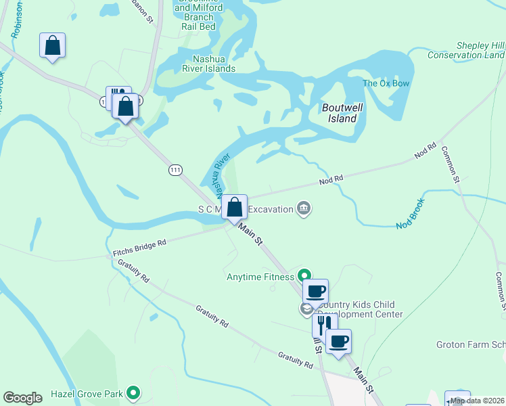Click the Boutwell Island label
[339, 113]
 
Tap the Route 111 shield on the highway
[175, 171]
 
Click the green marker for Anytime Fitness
[304, 275]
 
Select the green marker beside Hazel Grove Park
[133, 392]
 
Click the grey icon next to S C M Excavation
[304, 208]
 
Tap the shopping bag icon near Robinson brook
[53, 46]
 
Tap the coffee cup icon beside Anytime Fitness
[315, 292]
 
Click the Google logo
[23, 398]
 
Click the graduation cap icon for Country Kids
[306, 309]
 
